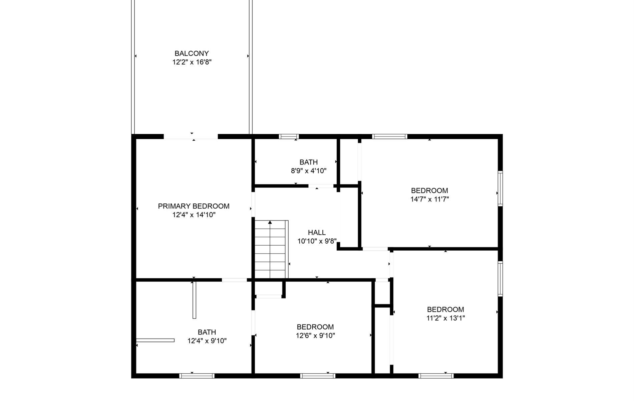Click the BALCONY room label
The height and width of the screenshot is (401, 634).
coord(192,53)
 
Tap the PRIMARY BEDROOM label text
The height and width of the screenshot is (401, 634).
coord(194,206)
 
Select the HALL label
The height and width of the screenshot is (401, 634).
coord(317,233)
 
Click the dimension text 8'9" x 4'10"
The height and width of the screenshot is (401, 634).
coord(309,171)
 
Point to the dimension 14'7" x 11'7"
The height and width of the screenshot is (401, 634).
coord(429,199)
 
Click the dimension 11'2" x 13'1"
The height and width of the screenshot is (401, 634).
coord(445,318)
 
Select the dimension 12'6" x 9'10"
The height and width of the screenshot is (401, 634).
coord(315,336)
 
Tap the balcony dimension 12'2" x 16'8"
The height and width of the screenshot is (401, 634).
coord(192,62)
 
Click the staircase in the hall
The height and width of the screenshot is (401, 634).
coord(271,249)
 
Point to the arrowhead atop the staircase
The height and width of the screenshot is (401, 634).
coord(270,222)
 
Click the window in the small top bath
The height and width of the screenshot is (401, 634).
coord(289,136)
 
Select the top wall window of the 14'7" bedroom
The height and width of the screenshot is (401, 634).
coord(390,136)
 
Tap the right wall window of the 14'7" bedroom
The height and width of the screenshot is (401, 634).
coord(500,188)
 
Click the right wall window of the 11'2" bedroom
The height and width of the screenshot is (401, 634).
coord(500,279)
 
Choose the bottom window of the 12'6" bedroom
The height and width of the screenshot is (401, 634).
coord(318,376)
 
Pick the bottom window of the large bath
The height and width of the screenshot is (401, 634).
coord(197,376)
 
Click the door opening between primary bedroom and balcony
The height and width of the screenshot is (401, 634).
coord(191,136)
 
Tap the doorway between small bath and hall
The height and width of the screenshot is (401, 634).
coord(321,186)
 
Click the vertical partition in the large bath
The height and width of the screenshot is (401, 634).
coord(195,300)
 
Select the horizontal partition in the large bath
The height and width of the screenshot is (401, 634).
coord(155,340)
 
